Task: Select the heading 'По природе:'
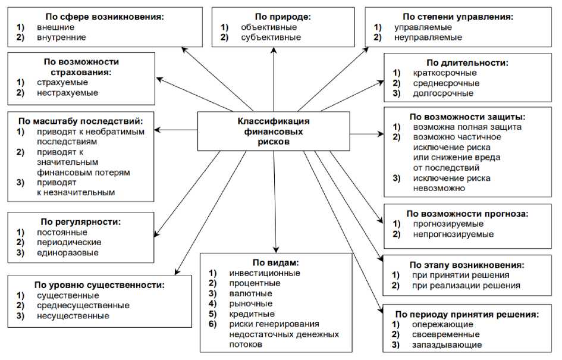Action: pyautogui.click(x=274, y=17)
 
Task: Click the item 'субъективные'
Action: pyautogui.click(x=271, y=37)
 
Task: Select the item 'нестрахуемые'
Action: pyautogui.click(x=67, y=93)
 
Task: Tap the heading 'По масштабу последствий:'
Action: pyautogui.click(x=82, y=121)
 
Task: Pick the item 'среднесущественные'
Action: pyautogui.click(x=83, y=305)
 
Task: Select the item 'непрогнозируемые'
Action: pyautogui.click(x=453, y=234)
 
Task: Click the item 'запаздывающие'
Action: pyautogui.click(x=446, y=345)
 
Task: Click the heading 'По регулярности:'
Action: pyautogui.click(x=82, y=222)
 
